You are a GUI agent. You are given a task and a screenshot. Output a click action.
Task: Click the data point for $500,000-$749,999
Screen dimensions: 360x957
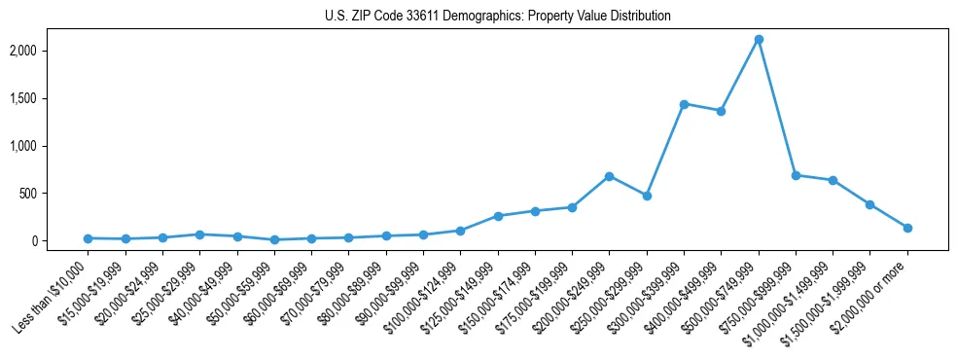coord(759,40)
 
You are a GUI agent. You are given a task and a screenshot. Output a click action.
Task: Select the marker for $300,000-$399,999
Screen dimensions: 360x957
coord(684,104)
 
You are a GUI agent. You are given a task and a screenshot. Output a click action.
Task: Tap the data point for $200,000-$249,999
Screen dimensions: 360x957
coord(609,176)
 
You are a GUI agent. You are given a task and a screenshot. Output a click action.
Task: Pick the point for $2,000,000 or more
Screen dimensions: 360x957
coord(907,228)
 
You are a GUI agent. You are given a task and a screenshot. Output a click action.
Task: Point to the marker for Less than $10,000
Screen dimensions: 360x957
coord(88,238)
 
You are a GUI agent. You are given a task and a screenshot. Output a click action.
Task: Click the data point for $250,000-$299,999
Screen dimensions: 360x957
coord(647,196)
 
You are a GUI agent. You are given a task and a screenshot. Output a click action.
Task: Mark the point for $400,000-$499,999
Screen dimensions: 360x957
coord(721,111)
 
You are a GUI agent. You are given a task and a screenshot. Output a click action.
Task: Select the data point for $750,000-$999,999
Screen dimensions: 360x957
coord(796,175)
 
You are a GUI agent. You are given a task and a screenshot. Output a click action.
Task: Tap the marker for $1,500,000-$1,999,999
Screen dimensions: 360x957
coord(870,204)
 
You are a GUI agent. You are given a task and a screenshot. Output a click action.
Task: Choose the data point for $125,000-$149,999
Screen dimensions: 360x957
coord(498,216)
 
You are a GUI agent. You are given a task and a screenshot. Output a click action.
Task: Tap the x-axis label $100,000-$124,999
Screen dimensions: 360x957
coord(420,298)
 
